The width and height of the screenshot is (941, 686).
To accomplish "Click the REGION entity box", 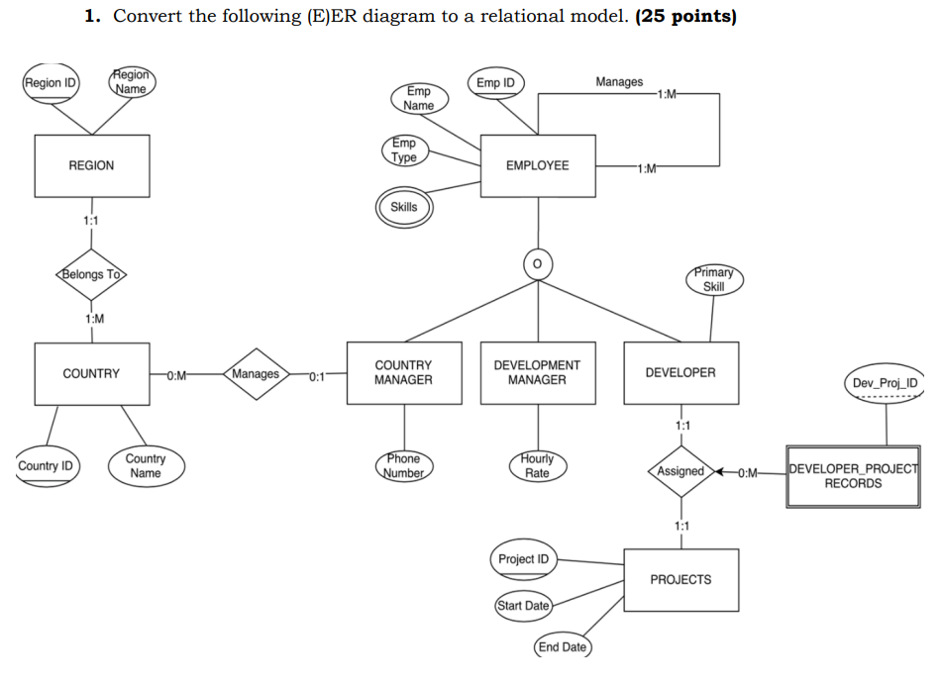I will pos(91,165).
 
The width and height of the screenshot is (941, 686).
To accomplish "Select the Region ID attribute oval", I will pos(51,83).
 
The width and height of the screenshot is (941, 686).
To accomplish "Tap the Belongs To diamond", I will pos(92,274).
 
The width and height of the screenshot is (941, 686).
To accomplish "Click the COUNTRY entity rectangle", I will pos(91,373).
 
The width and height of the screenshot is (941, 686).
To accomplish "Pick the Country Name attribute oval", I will pos(146,466).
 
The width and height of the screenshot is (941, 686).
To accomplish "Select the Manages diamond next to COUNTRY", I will pos(256,374).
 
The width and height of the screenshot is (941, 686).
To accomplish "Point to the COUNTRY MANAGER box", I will pos(403,373).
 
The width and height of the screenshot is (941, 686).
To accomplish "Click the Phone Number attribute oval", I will pos(403,466).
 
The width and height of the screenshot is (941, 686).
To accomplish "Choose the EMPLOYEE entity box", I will pos(537,165).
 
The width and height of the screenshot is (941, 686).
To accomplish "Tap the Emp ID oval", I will pos(495,83).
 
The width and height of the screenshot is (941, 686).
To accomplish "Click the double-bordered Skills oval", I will pos(404,207).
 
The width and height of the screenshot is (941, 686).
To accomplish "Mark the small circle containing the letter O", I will pos(538,264).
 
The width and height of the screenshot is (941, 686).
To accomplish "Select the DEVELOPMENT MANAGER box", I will pos(537,373).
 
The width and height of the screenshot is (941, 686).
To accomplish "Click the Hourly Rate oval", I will pos(537,466).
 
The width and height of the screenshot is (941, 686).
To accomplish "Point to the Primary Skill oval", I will pos(713,279).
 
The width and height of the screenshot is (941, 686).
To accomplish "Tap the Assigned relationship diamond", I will pos(680,471).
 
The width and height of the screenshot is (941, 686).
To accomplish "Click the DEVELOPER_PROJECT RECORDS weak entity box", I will pos(853,476).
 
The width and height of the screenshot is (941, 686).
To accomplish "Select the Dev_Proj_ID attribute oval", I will pos(885,383).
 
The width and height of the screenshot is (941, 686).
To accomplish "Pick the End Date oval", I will pos(562,647).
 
